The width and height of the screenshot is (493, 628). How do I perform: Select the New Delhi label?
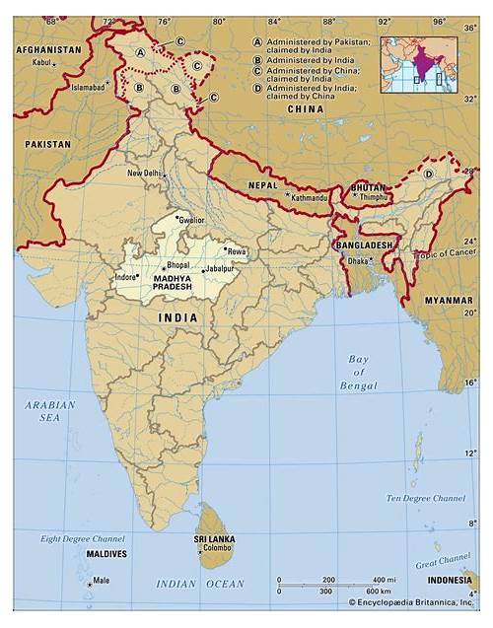tap(144, 174)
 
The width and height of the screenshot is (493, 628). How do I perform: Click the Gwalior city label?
tap(193, 221)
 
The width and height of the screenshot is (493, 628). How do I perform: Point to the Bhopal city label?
tap(177, 265)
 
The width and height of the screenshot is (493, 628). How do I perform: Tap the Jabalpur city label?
tap(220, 269)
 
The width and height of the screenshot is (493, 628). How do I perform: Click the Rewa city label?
tap(236, 252)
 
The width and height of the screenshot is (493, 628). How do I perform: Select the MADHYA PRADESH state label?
tap(174, 286)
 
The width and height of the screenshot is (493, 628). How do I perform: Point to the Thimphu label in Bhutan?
tap(374, 197)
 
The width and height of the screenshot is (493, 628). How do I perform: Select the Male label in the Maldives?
tap(101, 580)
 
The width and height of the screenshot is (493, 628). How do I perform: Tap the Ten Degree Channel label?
tap(425, 498)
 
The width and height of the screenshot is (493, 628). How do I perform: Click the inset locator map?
tap(419, 64)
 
